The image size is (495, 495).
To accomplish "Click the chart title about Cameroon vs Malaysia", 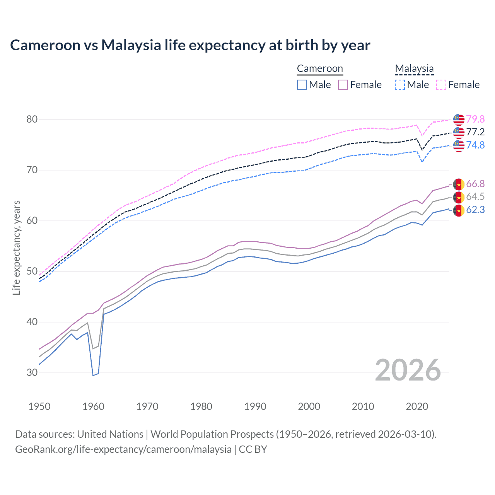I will click(190, 45).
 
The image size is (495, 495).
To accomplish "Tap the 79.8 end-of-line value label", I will click(475, 119).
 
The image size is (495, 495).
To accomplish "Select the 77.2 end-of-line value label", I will click(475, 132).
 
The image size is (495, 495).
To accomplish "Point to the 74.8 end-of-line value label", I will click(475, 145).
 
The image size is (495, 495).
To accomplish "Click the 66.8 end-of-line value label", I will click(475, 184).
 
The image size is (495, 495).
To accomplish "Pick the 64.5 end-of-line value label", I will click(475, 196).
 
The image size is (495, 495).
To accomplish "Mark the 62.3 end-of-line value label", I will click(475, 210).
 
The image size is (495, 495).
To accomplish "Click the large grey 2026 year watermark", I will click(408, 370).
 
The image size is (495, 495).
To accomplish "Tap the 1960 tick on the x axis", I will click(93, 406).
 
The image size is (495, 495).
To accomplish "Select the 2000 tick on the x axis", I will click(309, 406).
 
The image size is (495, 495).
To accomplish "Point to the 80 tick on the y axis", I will click(32, 119).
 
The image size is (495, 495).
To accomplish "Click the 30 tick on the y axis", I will click(32, 372).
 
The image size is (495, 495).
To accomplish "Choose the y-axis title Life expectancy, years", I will click(16, 247).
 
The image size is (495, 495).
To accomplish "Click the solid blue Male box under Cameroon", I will click(302, 85).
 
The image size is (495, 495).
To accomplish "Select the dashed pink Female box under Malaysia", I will click(441, 85).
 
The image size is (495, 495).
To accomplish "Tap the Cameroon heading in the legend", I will click(320, 68).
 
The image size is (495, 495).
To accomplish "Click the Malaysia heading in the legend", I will click(414, 68).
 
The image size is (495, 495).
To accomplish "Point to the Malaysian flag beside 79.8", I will click(459, 119).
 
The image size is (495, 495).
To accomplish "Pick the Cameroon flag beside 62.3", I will click(459, 210).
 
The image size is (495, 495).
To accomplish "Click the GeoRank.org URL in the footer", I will click(123, 449).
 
